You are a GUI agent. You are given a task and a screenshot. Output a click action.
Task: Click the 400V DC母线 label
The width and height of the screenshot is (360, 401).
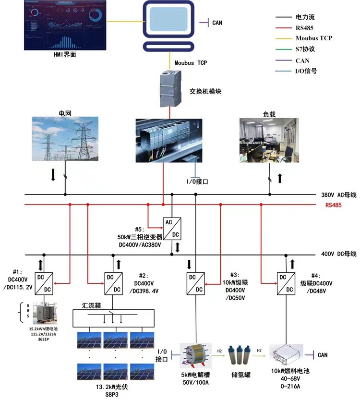[x=338, y=254]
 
